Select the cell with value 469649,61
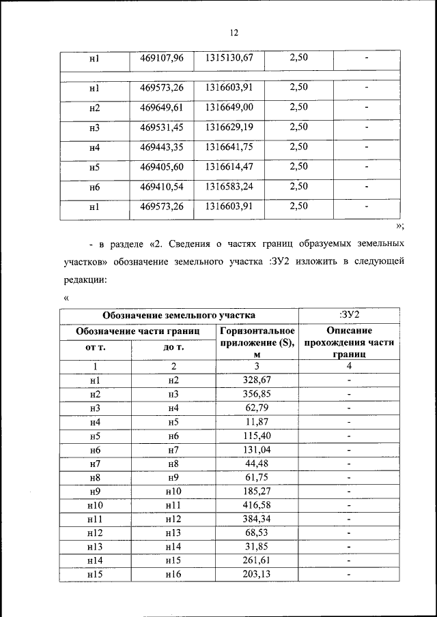pos(162,108)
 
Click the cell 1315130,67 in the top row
pos(229,58)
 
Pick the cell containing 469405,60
pos(162,166)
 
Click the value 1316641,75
pos(229,147)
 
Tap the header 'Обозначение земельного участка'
pos(179,315)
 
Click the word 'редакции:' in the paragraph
pos(85,280)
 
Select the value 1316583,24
pos(229,186)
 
